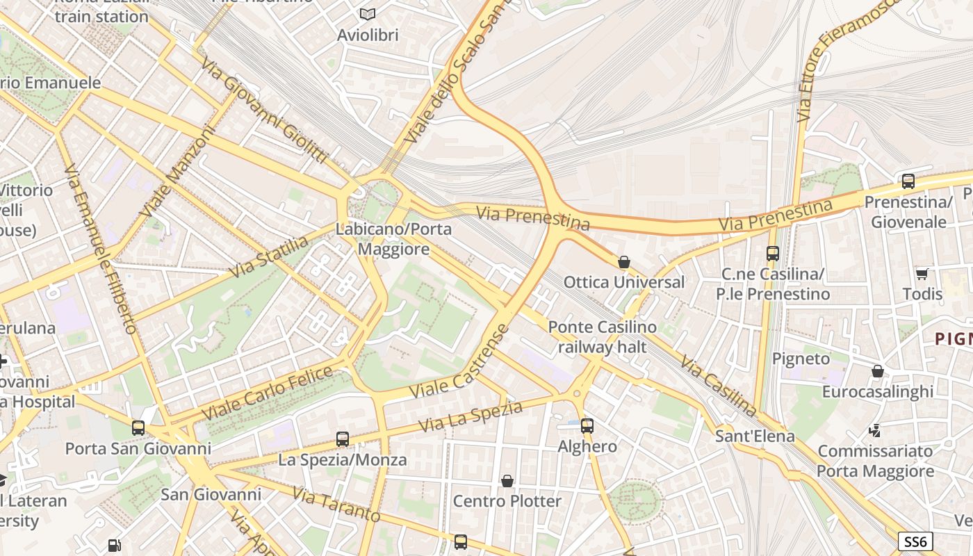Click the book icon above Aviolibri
pos(367,14)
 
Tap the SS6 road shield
pos(915,541)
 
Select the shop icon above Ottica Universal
pos(624,262)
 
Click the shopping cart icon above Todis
pos(922,273)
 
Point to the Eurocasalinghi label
pos(878,391)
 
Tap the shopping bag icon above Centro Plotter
pos(507,481)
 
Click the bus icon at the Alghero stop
pos(587,426)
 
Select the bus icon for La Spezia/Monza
pos(343,439)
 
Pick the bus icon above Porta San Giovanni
pos(138,428)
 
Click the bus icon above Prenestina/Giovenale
pos(908,181)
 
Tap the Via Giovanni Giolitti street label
pos(264,112)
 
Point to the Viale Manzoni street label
pos(178,171)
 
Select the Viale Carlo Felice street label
pos(268,393)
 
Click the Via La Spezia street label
pos(471,416)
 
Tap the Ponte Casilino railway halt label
pos(602,336)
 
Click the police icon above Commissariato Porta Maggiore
pos(875,431)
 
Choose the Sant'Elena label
pos(755,436)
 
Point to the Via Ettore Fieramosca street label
pos(847,60)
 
